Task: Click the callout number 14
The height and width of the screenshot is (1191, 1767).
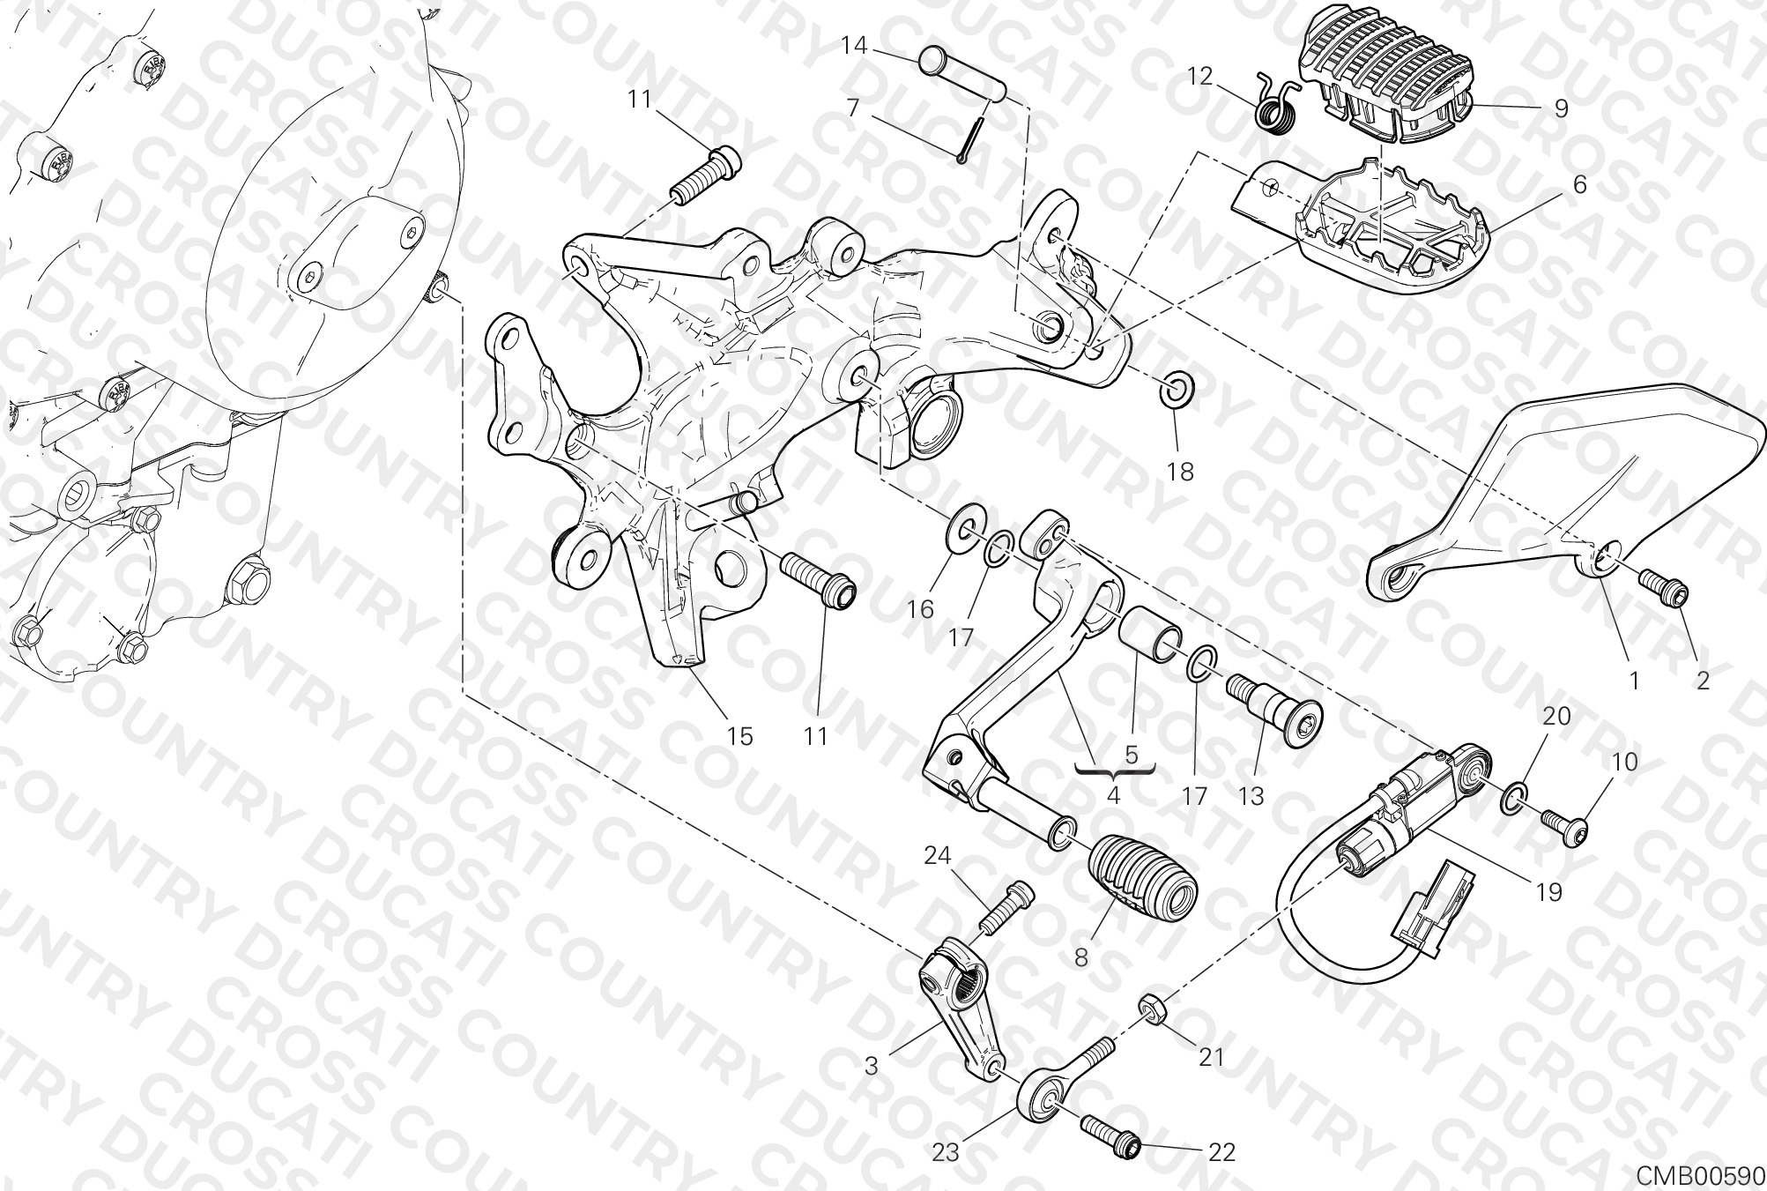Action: click(x=854, y=46)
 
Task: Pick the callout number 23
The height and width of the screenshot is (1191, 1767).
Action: click(x=948, y=1152)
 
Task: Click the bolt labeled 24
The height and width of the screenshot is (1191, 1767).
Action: click(x=1005, y=907)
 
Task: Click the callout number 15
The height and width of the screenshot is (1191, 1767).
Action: click(x=739, y=736)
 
